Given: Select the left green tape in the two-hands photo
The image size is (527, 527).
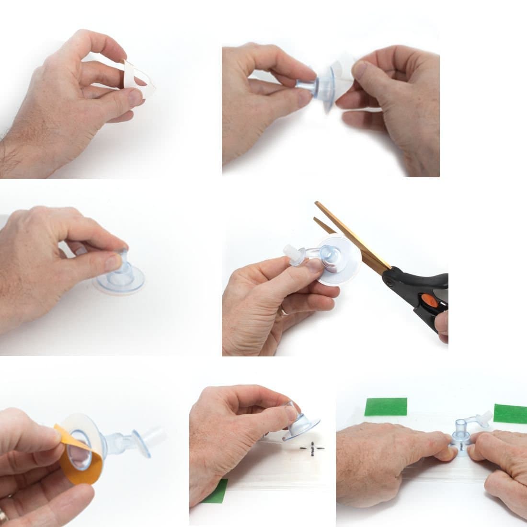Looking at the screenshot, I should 386,407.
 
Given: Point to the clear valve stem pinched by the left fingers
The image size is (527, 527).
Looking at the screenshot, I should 307,84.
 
